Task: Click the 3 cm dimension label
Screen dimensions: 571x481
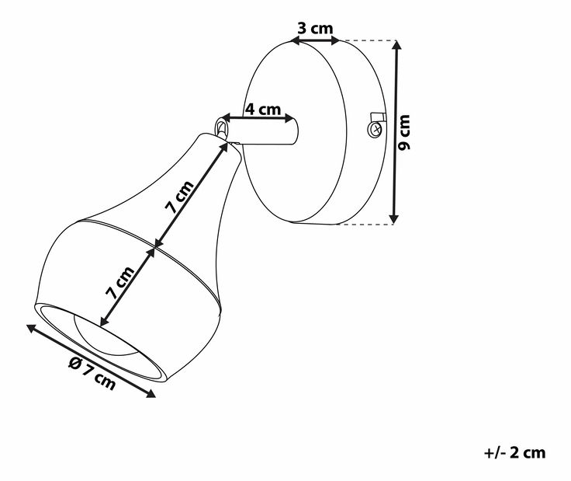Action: click(315, 28)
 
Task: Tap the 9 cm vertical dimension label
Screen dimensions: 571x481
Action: click(404, 132)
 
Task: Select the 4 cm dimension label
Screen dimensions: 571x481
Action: click(262, 109)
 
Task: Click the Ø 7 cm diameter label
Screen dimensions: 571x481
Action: click(92, 373)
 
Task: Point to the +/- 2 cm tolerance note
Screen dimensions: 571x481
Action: click(514, 452)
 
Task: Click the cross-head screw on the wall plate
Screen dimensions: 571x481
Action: click(375, 128)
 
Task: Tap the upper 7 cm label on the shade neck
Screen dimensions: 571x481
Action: click(179, 197)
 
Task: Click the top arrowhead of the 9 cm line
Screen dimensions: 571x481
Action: click(396, 45)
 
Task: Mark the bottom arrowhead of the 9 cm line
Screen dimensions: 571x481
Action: click(394, 218)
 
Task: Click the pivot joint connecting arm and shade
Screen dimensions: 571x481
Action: click(221, 127)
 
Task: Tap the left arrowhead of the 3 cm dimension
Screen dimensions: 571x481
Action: click(296, 41)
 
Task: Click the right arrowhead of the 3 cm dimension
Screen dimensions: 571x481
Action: click(334, 41)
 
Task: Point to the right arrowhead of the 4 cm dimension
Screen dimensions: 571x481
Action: click(289, 118)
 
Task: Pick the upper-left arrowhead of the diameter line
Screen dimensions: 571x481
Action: click(32, 328)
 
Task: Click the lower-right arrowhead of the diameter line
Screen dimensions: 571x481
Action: click(151, 393)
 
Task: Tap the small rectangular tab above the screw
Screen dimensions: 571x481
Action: click(378, 117)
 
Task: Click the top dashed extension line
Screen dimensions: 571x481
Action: click(368, 40)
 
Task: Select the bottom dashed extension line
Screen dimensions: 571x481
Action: click(364, 224)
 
